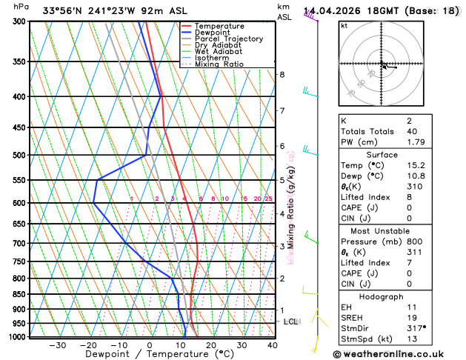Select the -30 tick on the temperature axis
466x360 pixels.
57,345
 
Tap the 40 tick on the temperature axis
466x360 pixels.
273,345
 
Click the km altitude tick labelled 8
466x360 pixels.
282,75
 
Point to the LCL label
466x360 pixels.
290,321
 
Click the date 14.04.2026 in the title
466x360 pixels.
333,10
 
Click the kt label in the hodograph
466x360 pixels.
344,26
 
